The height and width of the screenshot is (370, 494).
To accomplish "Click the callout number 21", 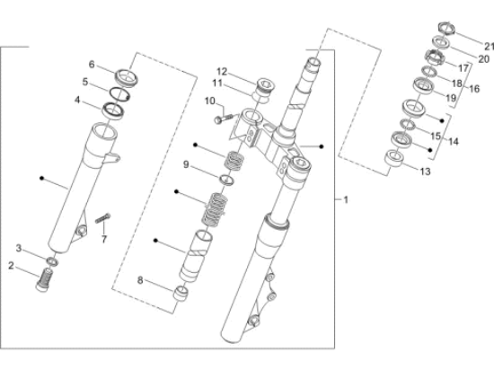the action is click(489, 47).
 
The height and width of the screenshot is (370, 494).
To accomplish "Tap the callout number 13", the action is click(425, 172).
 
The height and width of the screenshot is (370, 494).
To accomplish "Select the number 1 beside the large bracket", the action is click(346, 199).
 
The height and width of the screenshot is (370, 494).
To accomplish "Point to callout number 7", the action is click(104, 239).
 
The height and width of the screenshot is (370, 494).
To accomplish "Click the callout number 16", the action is click(474, 89).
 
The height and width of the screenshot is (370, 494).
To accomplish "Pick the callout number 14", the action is click(454, 141).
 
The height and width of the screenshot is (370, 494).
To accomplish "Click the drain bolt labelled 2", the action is click(44, 279).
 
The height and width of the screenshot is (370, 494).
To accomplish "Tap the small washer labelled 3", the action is click(52, 261).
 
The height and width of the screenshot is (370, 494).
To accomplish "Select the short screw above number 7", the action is click(102, 218).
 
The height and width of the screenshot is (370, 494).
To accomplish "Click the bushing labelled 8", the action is click(181, 294).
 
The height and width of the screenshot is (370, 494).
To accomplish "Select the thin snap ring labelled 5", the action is click(119, 94).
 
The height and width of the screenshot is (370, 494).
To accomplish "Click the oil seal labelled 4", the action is click(113, 110).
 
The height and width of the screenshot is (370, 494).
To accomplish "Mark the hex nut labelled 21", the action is click(446, 29).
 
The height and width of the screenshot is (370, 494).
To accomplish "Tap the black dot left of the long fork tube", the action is click(41, 178).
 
